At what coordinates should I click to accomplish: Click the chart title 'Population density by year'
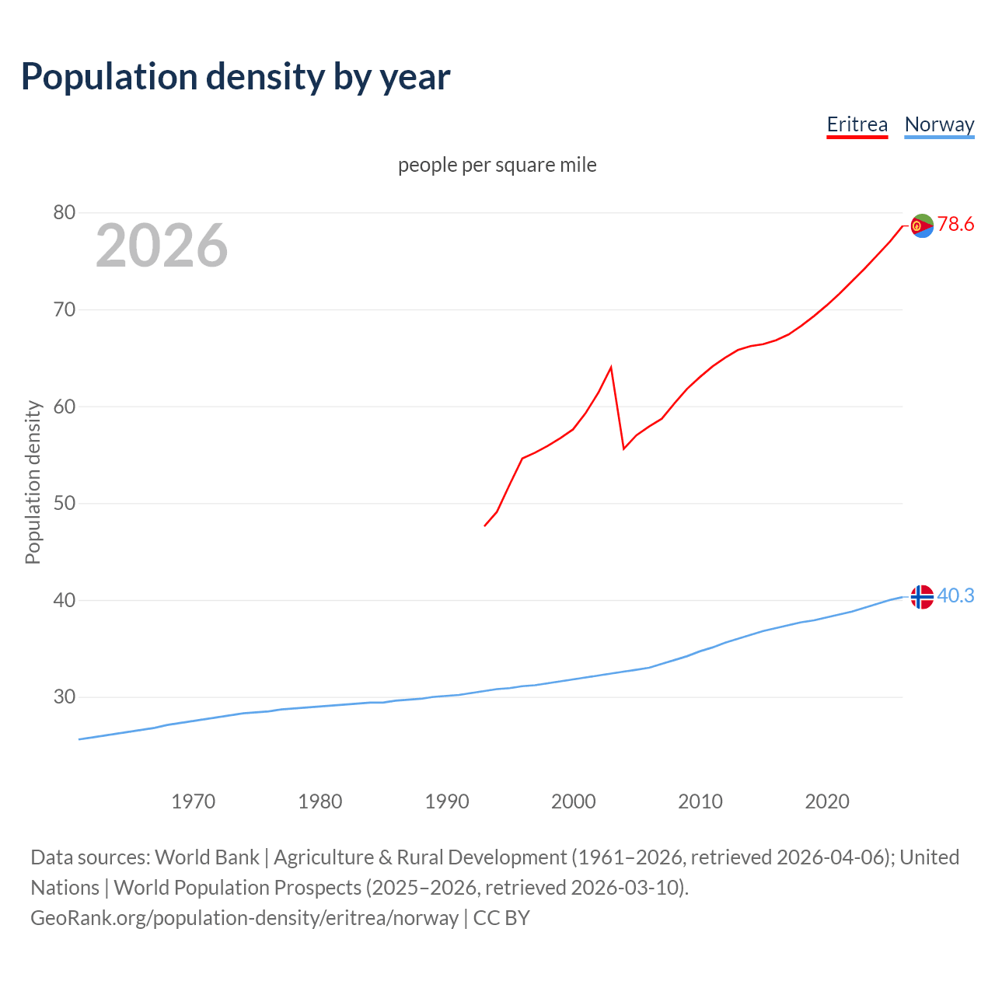click(x=236, y=76)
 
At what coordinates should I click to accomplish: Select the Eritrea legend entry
click(x=857, y=124)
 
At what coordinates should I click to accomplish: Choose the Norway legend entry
click(x=939, y=124)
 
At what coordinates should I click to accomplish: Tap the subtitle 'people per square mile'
click(x=497, y=165)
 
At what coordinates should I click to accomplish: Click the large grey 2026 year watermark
click(x=162, y=246)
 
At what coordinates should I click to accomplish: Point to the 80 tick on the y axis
click(x=65, y=212)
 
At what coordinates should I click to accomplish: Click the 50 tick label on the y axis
click(x=65, y=503)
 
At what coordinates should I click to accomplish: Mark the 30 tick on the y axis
click(x=65, y=696)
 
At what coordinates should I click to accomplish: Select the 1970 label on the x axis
click(x=193, y=801)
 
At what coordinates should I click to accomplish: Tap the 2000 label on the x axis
click(x=573, y=801)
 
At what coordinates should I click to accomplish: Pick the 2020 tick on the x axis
click(x=826, y=801)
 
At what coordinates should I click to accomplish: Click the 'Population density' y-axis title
click(x=33, y=482)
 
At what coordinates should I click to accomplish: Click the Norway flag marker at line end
click(x=922, y=596)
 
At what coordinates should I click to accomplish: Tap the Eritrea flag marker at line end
click(x=922, y=225)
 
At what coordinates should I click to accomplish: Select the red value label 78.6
click(x=955, y=225)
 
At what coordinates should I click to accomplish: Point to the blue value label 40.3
click(x=955, y=595)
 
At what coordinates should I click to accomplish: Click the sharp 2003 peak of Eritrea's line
click(x=611, y=367)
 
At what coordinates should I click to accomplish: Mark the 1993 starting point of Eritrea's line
click(x=485, y=525)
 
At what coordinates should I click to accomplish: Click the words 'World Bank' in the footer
click(x=207, y=857)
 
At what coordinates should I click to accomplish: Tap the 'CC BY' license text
click(x=501, y=917)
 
